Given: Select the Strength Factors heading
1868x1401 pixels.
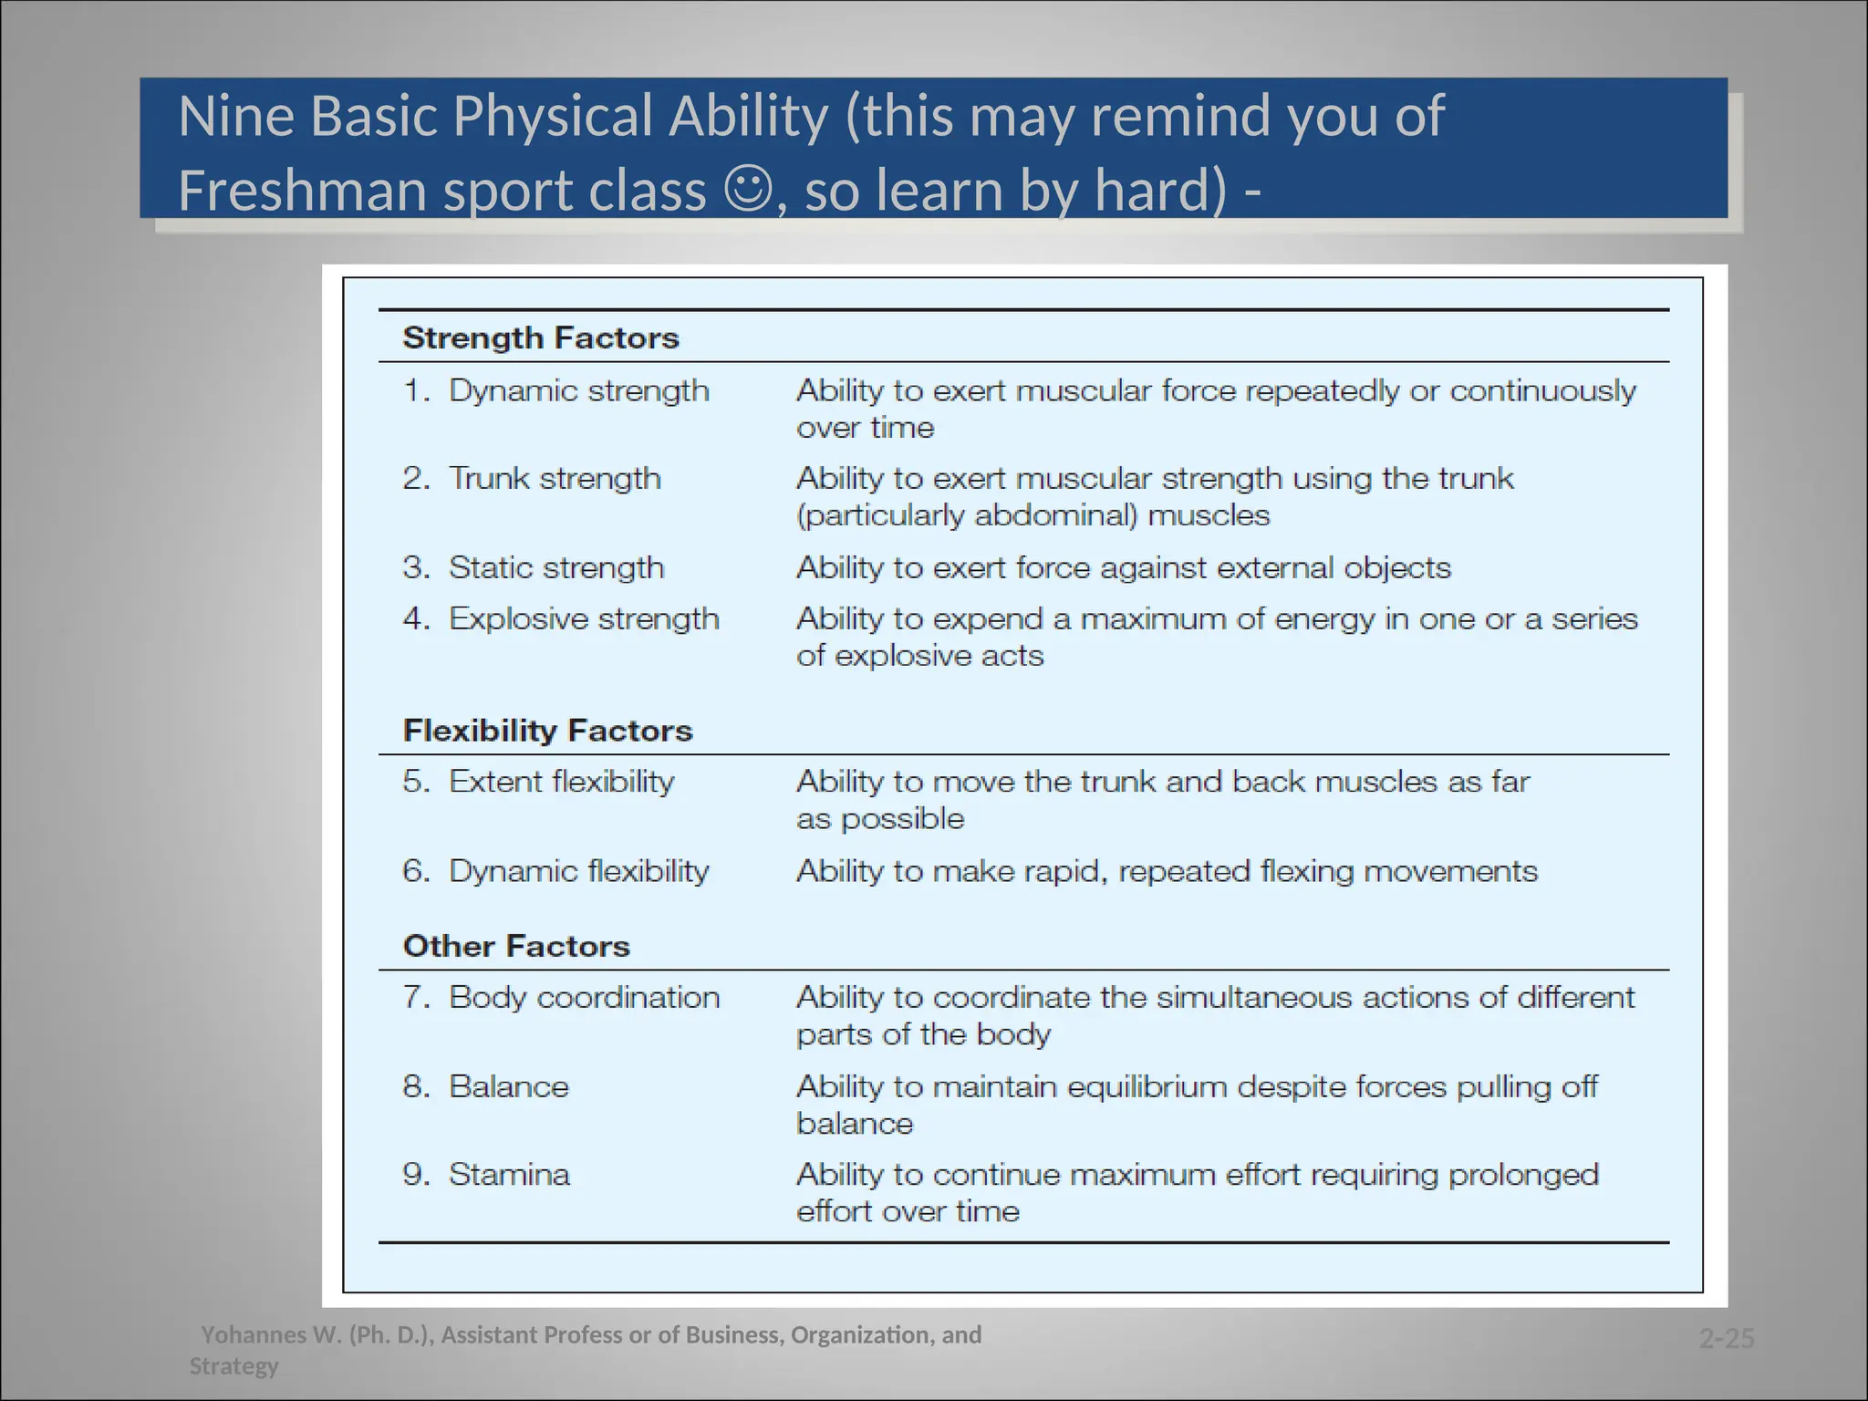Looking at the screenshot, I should [x=541, y=338].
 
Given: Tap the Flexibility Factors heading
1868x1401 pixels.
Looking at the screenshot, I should [x=547, y=731].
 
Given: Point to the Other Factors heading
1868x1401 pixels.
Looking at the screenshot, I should [x=516, y=946].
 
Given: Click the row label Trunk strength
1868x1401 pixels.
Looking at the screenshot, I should [x=555, y=479].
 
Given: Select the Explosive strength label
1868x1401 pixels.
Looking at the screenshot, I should [x=584, y=619].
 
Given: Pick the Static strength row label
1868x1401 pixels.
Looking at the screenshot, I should [x=556, y=568].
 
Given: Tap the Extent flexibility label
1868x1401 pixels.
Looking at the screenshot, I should [x=561, y=782].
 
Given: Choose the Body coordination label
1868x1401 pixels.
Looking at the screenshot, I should [x=584, y=997].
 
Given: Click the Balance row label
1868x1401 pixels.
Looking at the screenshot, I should [x=508, y=1086].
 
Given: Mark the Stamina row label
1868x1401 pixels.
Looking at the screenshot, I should [x=509, y=1174].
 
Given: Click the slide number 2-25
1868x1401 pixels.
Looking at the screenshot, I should [x=1727, y=1338].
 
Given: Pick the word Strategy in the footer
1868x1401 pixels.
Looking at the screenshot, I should [x=233, y=1366].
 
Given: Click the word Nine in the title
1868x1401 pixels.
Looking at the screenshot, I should [x=237, y=117].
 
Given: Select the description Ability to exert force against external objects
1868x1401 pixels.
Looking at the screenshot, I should [x=1123, y=568].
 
